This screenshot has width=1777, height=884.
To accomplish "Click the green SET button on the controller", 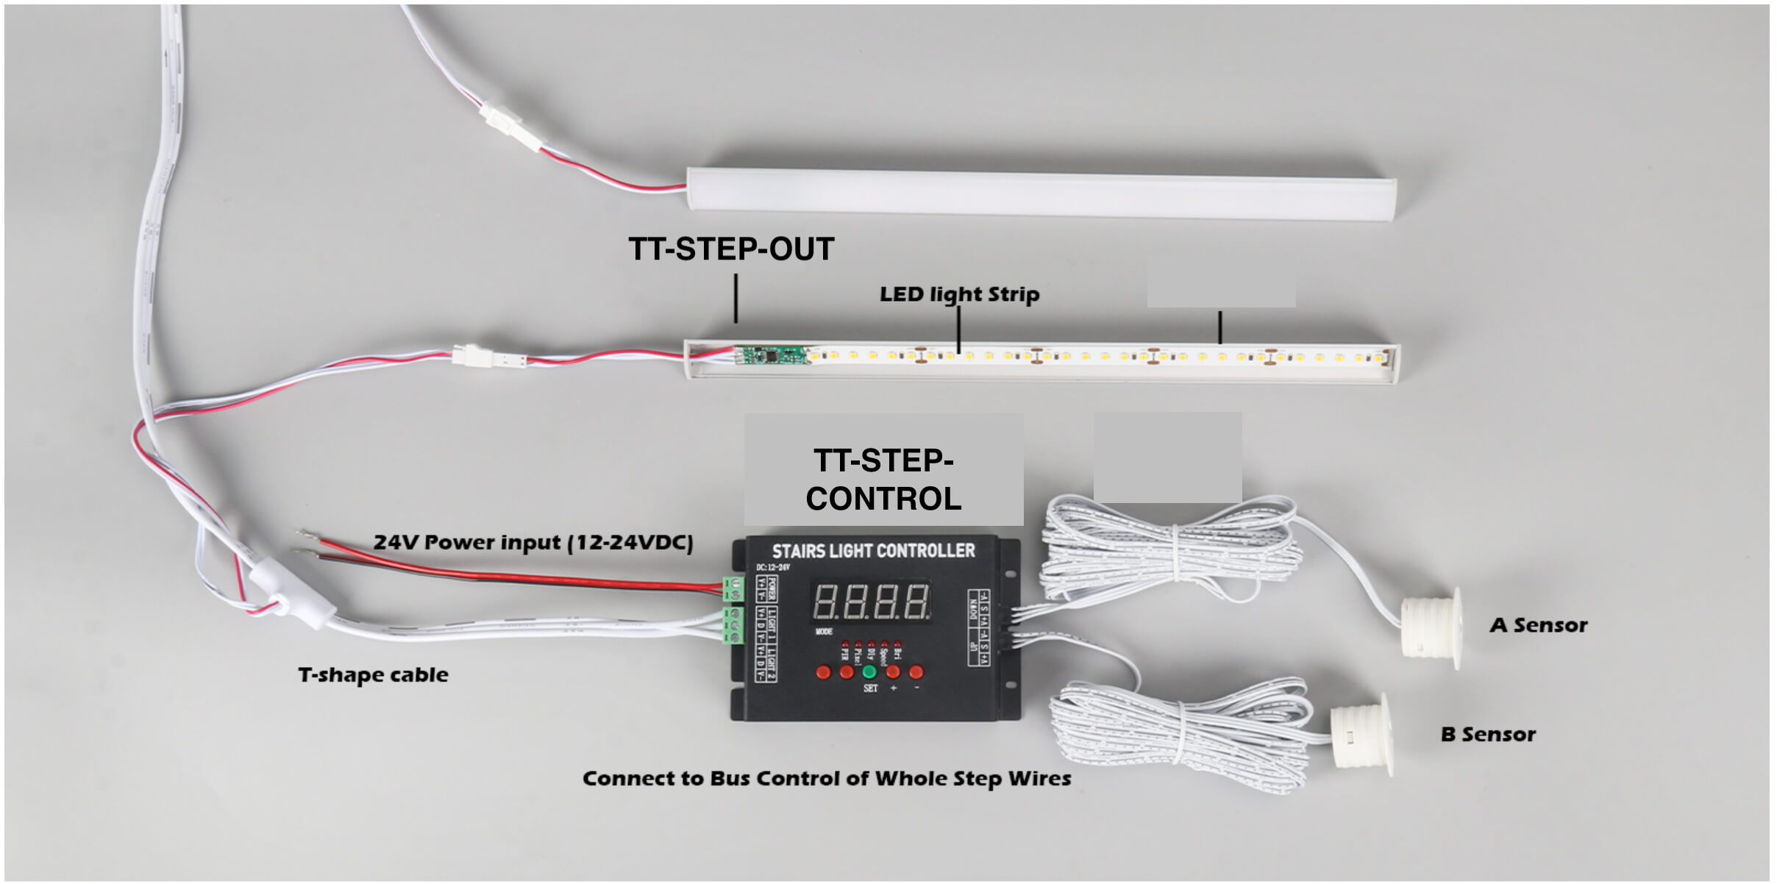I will pos(869,672).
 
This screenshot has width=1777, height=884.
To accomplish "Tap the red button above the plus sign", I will pos(893,671).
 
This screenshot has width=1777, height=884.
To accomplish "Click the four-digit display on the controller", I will pos(871,602).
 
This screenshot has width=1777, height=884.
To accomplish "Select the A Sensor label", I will pos(1539,625).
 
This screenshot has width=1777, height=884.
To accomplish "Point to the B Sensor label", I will pos(1488,734).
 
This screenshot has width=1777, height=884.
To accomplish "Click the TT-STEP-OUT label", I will pos(731,249).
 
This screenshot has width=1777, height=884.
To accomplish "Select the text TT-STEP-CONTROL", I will pos(883,480).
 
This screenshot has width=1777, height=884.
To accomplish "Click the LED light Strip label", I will pos(959,294).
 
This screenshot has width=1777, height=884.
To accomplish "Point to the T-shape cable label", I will pos(373,674).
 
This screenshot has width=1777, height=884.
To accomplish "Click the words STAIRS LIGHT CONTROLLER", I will pos(873,551).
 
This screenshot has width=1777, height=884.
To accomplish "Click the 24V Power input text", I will pos(533,543).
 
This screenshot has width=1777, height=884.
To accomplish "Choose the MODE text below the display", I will pos(824,632).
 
